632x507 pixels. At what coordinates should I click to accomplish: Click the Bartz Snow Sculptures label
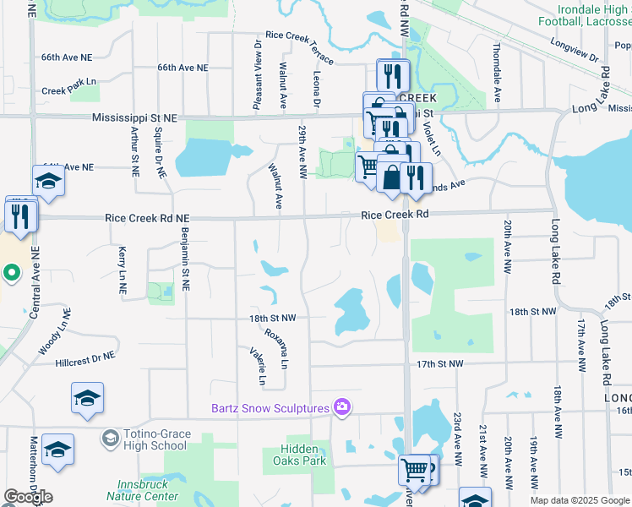[x=270, y=409]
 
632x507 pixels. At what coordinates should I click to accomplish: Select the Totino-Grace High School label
[x=155, y=439]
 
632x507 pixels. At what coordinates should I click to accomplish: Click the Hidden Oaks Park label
[x=299, y=455]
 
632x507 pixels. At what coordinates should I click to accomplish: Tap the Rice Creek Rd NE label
[x=147, y=218]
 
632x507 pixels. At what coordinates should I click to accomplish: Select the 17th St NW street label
[x=440, y=363]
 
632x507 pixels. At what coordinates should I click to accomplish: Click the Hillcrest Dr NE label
[x=84, y=360]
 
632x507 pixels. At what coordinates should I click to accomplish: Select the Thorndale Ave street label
[x=498, y=68]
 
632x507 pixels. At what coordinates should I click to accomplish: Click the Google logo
[x=28, y=497]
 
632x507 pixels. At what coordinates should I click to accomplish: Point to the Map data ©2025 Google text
[x=580, y=500]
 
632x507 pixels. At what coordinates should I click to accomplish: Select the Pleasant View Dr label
[x=257, y=74]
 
